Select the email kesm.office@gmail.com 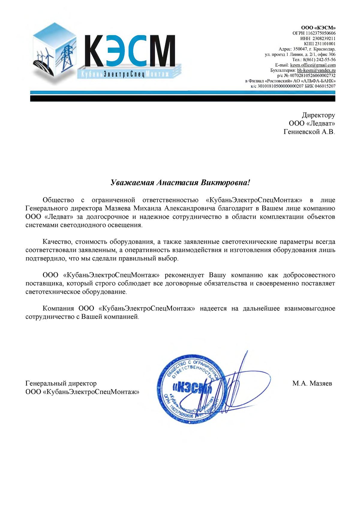[313, 65]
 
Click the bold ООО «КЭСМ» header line [318, 28]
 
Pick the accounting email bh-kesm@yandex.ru [316, 70]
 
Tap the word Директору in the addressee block [318, 115]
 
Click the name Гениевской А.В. [309, 132]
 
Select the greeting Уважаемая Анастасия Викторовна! [180, 183]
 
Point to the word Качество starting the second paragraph [57, 242]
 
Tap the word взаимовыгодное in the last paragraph [310, 308]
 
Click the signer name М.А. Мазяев [312, 383]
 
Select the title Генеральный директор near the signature [61, 383]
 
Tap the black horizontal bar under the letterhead [182, 98]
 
